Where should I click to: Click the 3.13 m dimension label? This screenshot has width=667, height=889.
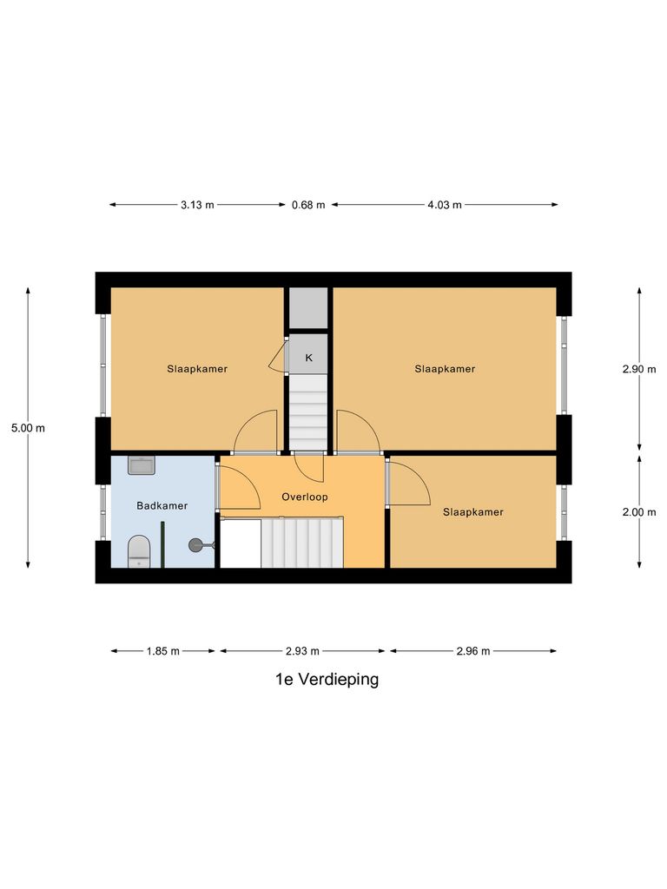click(197, 205)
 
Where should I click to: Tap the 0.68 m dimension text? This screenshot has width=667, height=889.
click(308, 205)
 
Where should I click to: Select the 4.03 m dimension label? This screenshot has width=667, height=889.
click(445, 205)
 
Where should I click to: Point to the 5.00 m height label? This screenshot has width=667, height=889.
click(28, 427)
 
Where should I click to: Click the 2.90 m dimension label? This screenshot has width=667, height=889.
click(639, 369)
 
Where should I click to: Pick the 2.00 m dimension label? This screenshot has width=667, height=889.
click(639, 512)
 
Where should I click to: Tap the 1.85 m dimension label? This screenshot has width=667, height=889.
click(162, 651)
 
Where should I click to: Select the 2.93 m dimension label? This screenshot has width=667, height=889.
click(302, 651)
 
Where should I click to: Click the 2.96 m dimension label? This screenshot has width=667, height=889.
click(473, 651)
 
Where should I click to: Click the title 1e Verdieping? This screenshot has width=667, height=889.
click(327, 680)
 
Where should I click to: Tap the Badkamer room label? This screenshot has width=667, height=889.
click(162, 505)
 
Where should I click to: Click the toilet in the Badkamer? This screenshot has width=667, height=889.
click(139, 550)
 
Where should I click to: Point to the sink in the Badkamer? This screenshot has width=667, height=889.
click(141, 465)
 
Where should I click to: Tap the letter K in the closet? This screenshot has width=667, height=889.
click(308, 358)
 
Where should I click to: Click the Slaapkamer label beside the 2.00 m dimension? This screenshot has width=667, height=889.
click(473, 512)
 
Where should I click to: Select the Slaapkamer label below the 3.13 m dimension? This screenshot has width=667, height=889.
click(197, 369)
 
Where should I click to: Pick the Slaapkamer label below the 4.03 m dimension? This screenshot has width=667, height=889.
click(445, 369)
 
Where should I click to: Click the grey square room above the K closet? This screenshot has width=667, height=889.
click(308, 307)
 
